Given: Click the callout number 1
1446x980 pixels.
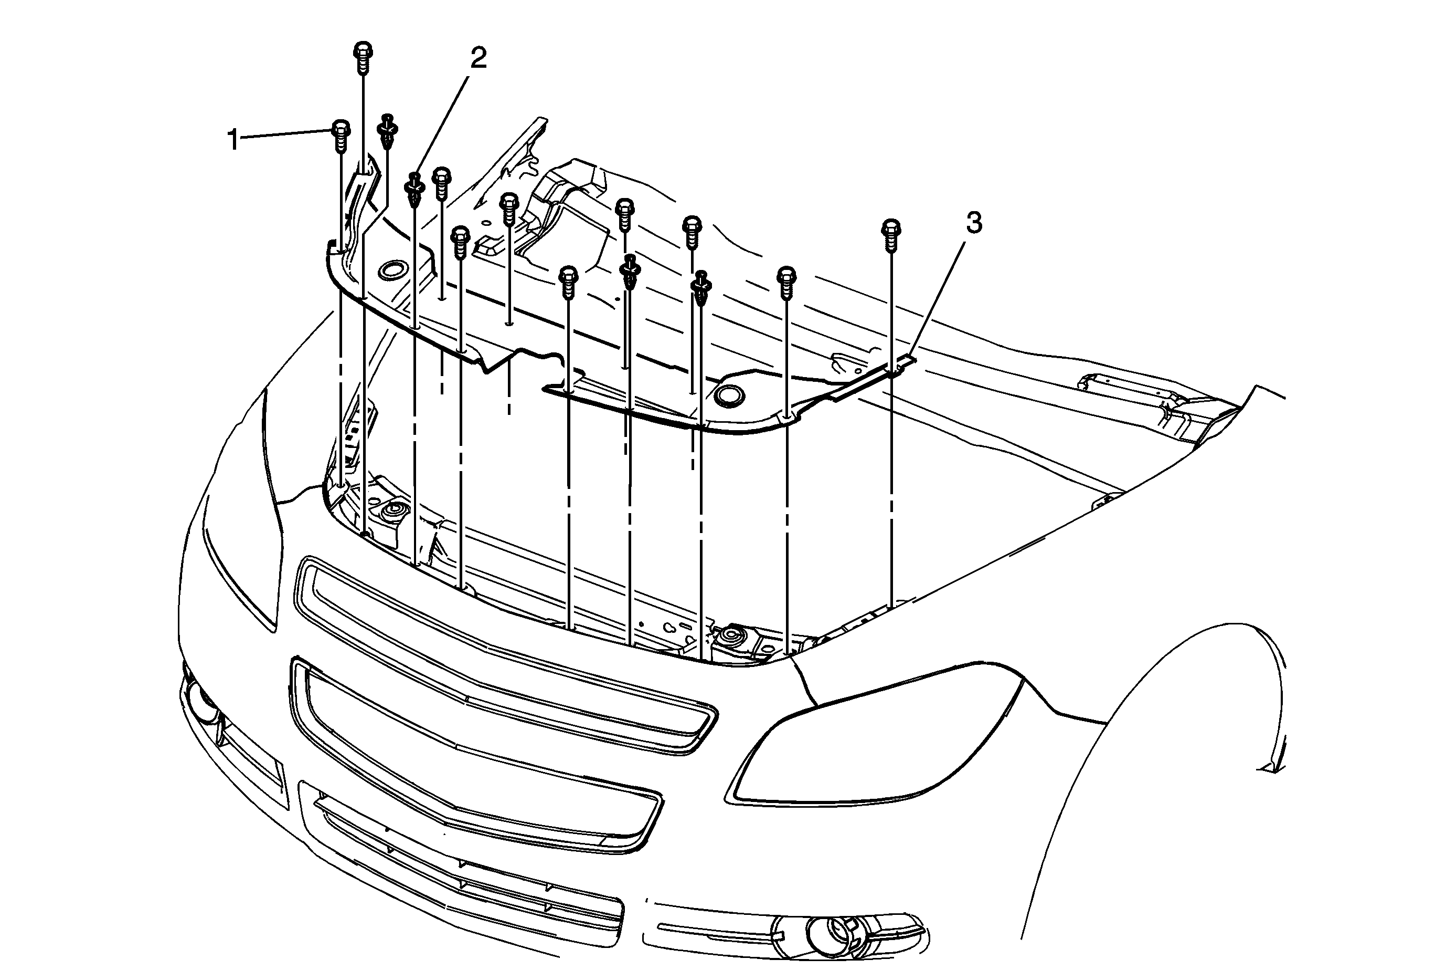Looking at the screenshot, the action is [233, 140].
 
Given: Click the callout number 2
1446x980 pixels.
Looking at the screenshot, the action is [478, 58].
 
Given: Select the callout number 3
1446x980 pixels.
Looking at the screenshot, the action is [974, 222].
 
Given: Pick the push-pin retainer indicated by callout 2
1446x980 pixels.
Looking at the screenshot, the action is [415, 190].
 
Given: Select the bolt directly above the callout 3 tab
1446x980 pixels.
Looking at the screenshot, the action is [891, 235].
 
